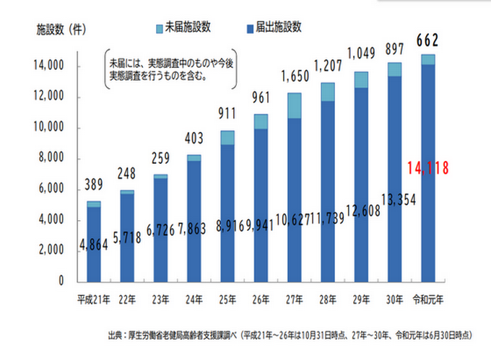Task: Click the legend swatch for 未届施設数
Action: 160,27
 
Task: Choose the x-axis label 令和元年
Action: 427,299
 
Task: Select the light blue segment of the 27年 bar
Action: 294,105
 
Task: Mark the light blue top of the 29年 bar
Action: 361,80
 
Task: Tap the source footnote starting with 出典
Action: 289,335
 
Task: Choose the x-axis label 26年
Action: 261,299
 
